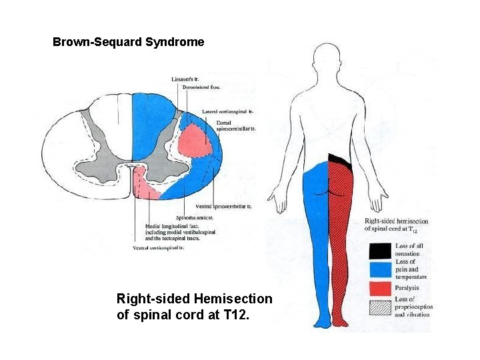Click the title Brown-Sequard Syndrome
(129, 43)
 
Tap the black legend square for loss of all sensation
(380, 250)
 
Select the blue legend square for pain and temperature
(380, 269)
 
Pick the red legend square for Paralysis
(380, 288)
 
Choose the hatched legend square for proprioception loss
(380, 307)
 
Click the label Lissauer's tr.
(185, 79)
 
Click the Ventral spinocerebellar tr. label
(223, 207)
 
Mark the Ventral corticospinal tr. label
(158, 248)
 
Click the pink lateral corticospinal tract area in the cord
(194, 139)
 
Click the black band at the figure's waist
(340, 160)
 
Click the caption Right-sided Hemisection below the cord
(194, 299)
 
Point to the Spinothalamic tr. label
(194, 217)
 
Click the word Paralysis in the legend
(407, 288)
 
